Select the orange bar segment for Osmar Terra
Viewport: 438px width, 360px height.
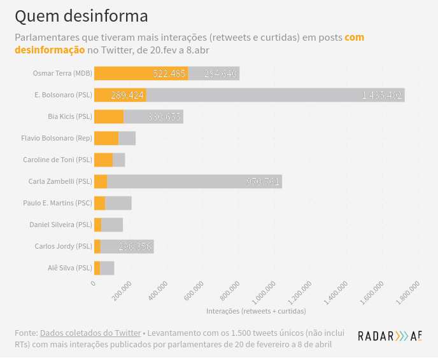[x=141, y=73]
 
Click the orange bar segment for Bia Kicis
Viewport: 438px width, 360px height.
[x=108, y=116]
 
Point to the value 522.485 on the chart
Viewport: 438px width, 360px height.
[x=169, y=73]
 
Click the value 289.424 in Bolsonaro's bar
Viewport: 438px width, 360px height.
[x=127, y=95]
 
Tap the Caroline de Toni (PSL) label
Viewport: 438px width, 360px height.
[x=57, y=160]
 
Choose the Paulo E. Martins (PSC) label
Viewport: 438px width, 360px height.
[x=57, y=203]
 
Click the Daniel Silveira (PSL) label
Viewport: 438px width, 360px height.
[x=60, y=225]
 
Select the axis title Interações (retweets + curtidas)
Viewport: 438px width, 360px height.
[x=256, y=311]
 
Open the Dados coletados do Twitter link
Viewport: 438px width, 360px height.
[x=90, y=333]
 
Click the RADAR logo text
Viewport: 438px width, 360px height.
[x=376, y=336]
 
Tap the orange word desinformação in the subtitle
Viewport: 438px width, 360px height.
[x=50, y=50]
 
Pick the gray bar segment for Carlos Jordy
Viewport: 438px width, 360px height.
[x=127, y=246]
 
